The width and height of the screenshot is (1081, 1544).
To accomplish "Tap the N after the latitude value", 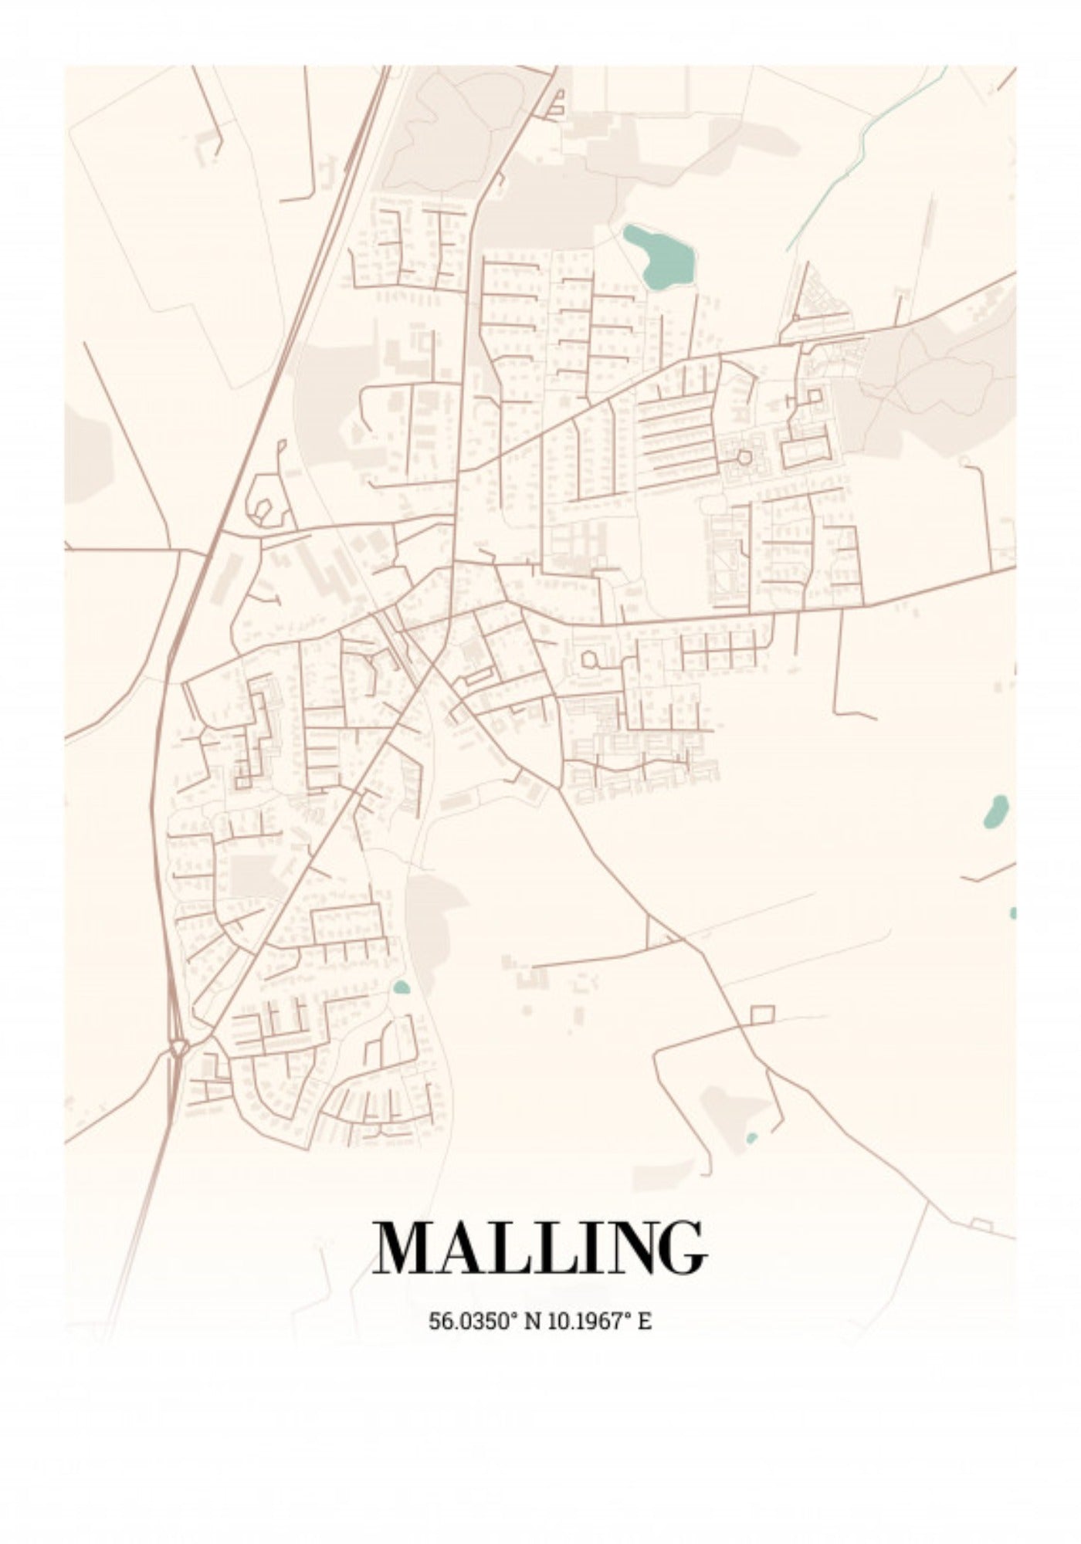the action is [533, 1321].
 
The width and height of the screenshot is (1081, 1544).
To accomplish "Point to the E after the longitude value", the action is [645, 1321].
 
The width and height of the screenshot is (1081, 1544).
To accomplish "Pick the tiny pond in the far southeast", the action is [752, 1138].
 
